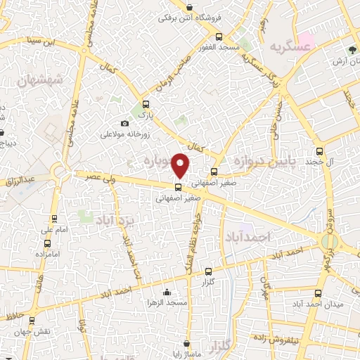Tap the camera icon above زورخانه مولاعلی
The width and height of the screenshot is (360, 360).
(125, 124)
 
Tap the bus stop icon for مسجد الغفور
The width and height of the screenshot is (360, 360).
(219, 37)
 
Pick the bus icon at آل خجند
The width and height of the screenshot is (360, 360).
(320, 150)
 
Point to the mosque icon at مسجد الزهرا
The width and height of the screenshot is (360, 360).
(166, 292)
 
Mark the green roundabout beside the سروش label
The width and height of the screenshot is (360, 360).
(328, 243)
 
